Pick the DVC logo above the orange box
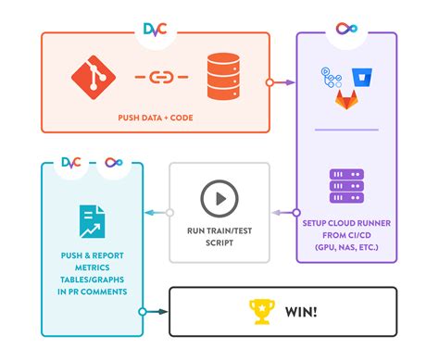(155, 29)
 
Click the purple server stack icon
(345, 186)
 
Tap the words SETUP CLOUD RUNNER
(347, 224)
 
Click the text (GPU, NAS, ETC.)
(346, 249)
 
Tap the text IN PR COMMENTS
(91, 292)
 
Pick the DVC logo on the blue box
(71, 163)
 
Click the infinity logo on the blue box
(114, 163)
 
